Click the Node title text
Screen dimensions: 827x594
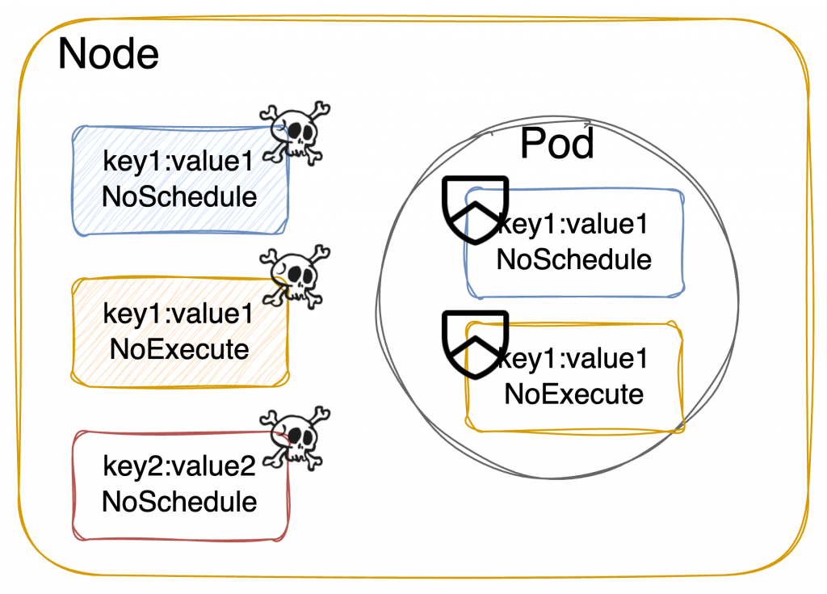point(108,55)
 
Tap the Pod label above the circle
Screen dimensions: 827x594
point(556,143)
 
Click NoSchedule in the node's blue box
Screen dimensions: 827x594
point(179,197)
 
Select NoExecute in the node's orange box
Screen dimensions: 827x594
point(178,350)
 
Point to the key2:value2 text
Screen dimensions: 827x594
point(179,467)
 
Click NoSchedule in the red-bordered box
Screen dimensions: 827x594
point(179,502)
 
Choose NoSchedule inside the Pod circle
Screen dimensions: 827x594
point(573,260)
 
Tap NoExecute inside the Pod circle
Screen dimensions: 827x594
point(573,394)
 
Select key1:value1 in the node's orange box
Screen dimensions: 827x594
point(178,314)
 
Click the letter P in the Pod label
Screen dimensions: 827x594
point(532,143)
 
